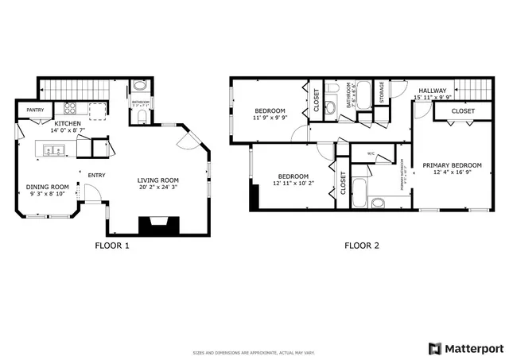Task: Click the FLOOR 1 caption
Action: coord(111,246)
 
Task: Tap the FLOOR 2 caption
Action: coord(361,246)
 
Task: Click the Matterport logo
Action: coord(467,348)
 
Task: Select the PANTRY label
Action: coord(35,110)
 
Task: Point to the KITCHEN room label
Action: coord(68,125)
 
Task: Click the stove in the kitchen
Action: coord(69,110)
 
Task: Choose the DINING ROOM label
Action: coord(48,187)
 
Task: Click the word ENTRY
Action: coord(96,176)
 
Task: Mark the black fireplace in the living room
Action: coord(159,226)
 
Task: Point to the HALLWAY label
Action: coord(433,91)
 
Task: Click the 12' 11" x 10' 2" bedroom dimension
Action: coord(291,184)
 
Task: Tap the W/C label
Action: coord(371,153)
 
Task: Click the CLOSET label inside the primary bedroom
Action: coord(463,111)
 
